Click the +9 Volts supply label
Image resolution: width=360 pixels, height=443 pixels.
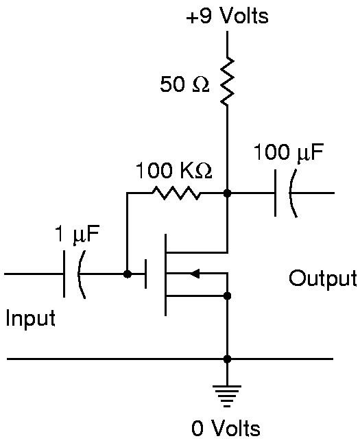tap(227, 16)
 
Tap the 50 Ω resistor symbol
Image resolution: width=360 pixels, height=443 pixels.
tap(227, 81)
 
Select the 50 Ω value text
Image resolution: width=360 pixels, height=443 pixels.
tap(185, 84)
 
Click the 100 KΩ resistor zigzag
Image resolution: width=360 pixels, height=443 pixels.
tap(176, 193)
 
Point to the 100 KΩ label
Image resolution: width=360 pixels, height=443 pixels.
tap(173, 171)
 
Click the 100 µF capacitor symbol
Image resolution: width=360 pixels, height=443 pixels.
tap(286, 193)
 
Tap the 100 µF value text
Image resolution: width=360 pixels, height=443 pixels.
tap(288, 153)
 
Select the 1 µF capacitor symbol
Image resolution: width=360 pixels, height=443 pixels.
tap(74, 274)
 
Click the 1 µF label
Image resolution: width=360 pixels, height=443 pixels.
tap(77, 235)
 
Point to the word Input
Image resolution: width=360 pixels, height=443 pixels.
tap(31, 318)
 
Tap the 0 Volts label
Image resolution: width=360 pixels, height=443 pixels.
tap(226, 428)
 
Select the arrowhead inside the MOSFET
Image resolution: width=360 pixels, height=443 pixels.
tap(195, 274)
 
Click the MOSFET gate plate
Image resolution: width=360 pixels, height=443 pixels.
tap(145, 274)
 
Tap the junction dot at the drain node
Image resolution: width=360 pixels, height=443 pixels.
tap(227, 193)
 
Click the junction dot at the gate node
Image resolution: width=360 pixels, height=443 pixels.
tap(128, 274)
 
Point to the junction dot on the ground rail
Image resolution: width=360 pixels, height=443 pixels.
tap(227, 359)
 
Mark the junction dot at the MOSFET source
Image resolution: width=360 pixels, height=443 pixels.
tap(227, 296)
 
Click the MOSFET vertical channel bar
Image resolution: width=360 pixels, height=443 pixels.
tap(165, 274)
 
